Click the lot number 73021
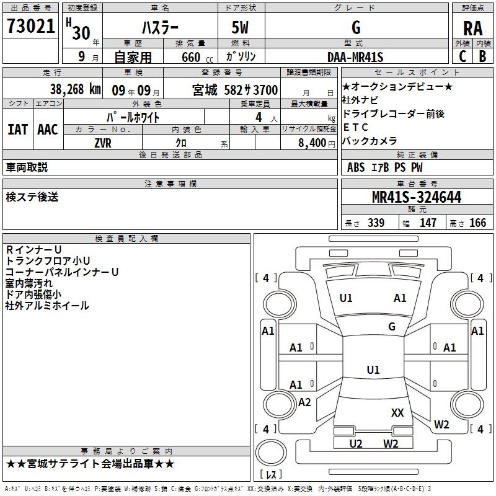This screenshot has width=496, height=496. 31,26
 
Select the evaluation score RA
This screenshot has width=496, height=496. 473,28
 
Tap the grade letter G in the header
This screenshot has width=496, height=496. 356,28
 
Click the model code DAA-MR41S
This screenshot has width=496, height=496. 356,57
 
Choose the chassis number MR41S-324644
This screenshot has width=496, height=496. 417,198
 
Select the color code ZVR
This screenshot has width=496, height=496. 103,142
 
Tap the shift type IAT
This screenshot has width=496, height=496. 17,129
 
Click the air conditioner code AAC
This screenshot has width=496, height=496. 48,129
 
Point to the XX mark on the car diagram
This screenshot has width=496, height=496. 397,412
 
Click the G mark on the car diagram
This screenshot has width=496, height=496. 392,327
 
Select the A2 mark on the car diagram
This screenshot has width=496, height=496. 304,402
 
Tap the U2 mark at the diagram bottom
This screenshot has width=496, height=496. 356,443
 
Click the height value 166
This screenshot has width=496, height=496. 477,223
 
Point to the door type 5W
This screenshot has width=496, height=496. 241,28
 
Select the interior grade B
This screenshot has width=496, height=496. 482,56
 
